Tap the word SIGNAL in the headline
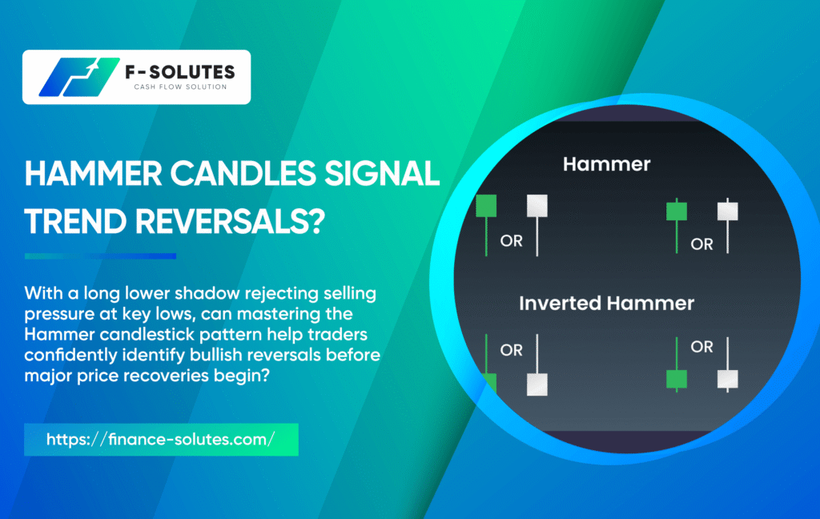pos(382,174)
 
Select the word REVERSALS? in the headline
pos(230,221)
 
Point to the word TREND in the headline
pos(75,221)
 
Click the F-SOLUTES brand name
pos(180,72)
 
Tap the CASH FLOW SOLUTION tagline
pos(180,86)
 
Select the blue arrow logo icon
pos(79,77)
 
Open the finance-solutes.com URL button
pos(161,440)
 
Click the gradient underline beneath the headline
pos(100,256)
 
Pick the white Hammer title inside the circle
pos(607,164)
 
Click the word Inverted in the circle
pos(560,304)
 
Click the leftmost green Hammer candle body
pos(486,205)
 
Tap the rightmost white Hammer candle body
pos(727,211)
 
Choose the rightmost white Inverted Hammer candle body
pos(727,380)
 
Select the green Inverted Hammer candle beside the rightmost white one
pos(677,380)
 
